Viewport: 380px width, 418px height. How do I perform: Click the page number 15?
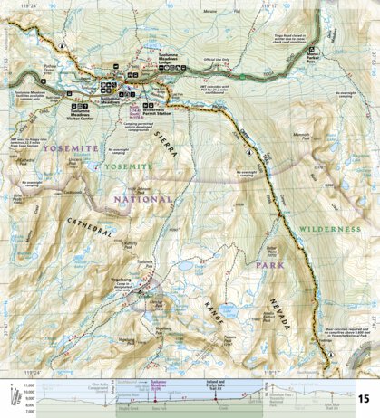click(363, 399)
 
